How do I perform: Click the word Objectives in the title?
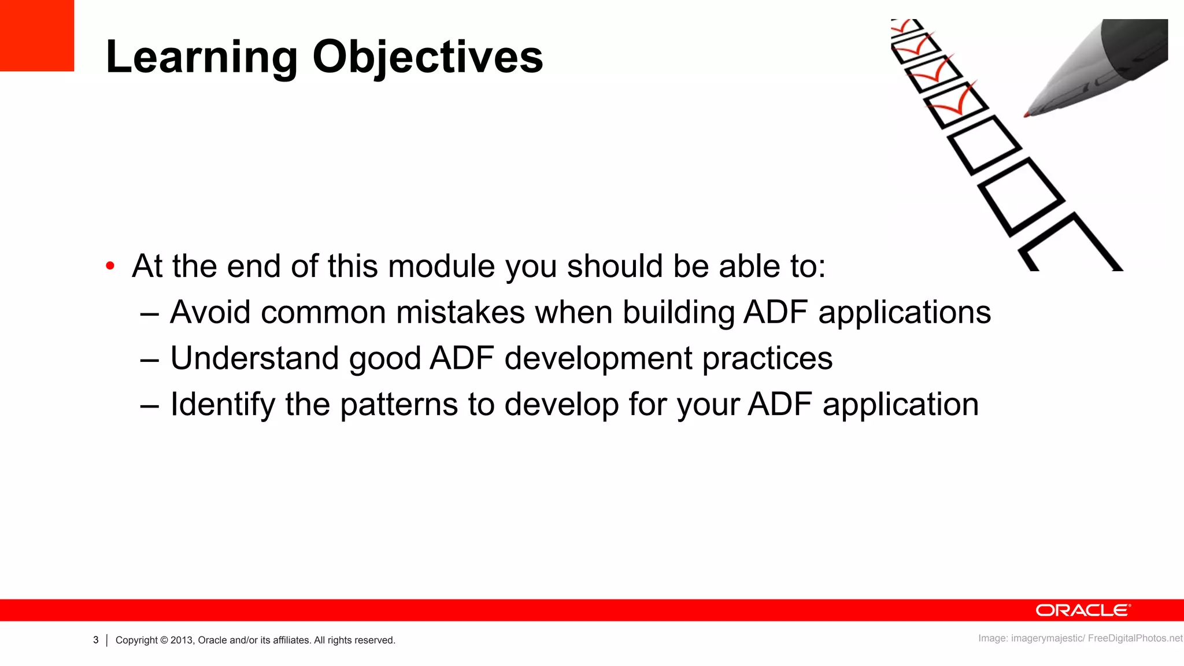point(428,58)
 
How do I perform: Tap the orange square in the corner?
point(36,35)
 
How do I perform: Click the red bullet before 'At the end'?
point(110,267)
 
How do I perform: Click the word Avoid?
point(210,313)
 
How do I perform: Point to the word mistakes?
point(460,313)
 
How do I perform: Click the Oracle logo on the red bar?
point(1082,610)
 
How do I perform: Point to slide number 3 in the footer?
point(95,640)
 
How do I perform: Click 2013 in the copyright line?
point(182,640)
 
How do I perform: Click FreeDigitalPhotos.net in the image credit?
point(1135,638)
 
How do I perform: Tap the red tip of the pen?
point(1027,115)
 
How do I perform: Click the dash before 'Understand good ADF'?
point(149,360)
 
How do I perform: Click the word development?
point(598,358)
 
